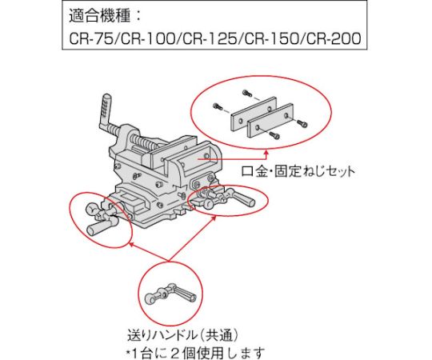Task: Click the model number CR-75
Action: [x=90, y=38]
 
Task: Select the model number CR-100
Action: [x=148, y=38]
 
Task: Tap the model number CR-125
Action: [x=210, y=38]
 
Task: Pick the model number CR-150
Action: [x=272, y=38]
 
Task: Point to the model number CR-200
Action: [x=334, y=38]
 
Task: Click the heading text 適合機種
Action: [x=99, y=15]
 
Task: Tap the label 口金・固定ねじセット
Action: [x=298, y=172]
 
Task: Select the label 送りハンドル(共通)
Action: [x=182, y=335]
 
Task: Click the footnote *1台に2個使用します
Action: [x=195, y=353]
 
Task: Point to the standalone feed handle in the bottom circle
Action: [x=170, y=294]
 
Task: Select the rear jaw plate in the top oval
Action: [x=253, y=113]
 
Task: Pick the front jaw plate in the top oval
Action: [x=270, y=120]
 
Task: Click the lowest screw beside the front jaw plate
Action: [x=274, y=134]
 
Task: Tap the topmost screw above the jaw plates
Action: [x=246, y=94]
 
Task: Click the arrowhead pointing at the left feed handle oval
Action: [x=132, y=244]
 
